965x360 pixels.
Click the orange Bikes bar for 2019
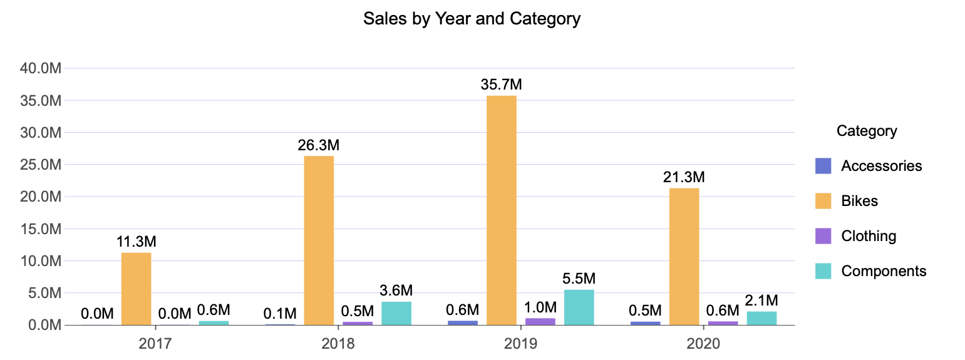point(501,210)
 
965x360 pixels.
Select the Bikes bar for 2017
point(136,289)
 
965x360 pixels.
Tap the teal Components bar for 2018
point(396,313)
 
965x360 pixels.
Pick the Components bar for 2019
point(579,307)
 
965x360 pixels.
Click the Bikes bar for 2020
point(684,257)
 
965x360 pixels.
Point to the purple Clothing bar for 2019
point(540,322)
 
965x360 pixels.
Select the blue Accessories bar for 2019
point(462,322)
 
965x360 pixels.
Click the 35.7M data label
point(501,85)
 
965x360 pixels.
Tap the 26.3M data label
point(318,145)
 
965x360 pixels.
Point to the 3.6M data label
point(396,291)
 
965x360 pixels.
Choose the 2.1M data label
point(761,301)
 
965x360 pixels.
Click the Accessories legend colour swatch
point(823,166)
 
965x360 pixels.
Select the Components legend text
point(884,271)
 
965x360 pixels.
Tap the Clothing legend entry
point(869,236)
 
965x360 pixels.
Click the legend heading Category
point(867,131)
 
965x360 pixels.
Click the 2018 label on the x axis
point(338,344)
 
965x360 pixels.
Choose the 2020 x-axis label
point(703,344)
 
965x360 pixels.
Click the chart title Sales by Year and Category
point(472,19)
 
